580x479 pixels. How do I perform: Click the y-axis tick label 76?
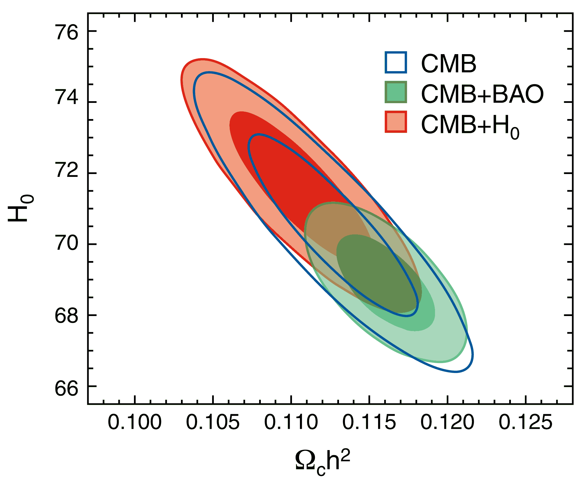tap(67, 32)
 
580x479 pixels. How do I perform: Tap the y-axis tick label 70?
tap(67, 243)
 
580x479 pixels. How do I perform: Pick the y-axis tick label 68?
tap(67, 315)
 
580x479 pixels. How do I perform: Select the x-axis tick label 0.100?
tap(135, 422)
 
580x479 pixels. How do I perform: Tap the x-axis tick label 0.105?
tap(213, 422)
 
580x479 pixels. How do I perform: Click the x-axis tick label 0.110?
tap(291, 422)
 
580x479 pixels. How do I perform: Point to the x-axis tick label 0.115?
tap(369, 422)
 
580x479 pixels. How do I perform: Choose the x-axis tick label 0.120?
tap(447, 422)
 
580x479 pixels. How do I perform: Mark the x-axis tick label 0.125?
tap(525, 422)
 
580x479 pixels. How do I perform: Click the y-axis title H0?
tap(21, 208)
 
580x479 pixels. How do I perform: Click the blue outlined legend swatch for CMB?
tap(396, 62)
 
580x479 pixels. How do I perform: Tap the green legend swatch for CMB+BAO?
tap(396, 92)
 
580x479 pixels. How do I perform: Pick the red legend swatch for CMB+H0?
tap(396, 122)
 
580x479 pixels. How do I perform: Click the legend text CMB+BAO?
tap(482, 94)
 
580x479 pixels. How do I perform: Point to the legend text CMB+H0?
tap(470, 125)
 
